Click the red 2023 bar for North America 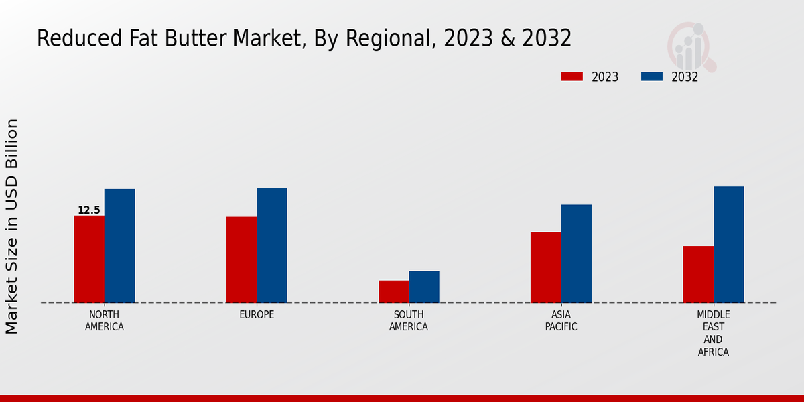(89, 259)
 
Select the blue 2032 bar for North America (119, 246)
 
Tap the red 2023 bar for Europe (241, 260)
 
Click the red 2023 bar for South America (393, 291)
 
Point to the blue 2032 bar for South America (424, 287)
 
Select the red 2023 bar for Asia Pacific (545, 267)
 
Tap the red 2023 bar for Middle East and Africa (698, 274)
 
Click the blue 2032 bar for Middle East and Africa (728, 245)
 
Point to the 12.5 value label (89, 210)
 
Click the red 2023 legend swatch (572, 76)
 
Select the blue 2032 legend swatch (651, 76)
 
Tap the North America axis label (105, 321)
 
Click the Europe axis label (257, 315)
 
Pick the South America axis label (409, 321)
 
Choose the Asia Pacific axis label (561, 321)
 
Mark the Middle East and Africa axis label (714, 334)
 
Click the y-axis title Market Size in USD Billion (12, 226)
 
